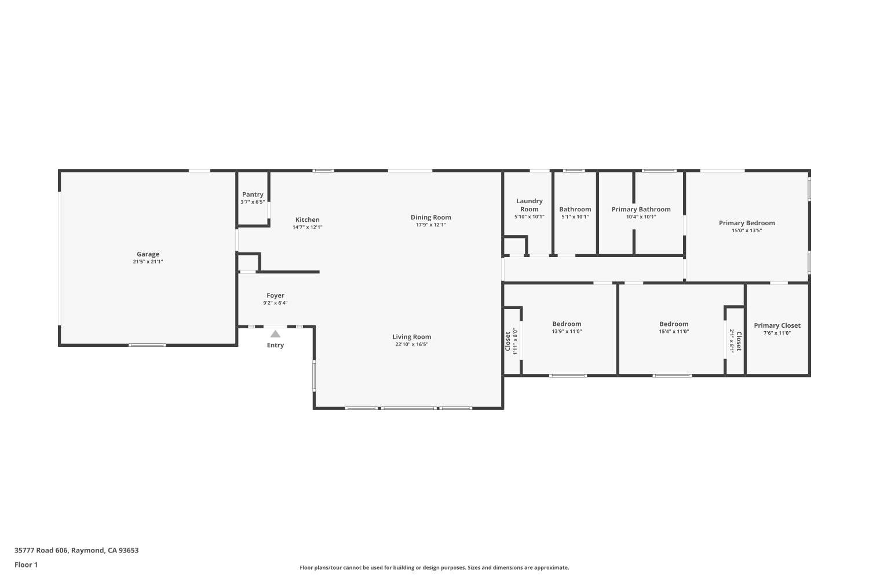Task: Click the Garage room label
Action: click(x=148, y=254)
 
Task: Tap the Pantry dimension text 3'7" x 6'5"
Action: click(x=253, y=202)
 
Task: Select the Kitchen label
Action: click(x=307, y=219)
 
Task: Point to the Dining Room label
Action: click(x=430, y=217)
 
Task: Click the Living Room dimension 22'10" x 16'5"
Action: click(x=411, y=345)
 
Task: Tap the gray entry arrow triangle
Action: click(x=275, y=334)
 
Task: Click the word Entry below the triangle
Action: click(x=275, y=345)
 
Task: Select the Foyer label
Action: click(x=275, y=295)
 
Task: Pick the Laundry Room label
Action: click(x=529, y=205)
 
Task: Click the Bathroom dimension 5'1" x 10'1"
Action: click(x=575, y=217)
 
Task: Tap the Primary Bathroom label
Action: click(x=641, y=209)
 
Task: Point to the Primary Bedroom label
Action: click(x=746, y=223)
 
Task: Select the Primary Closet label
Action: click(x=777, y=325)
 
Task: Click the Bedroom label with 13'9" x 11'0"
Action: click(x=567, y=324)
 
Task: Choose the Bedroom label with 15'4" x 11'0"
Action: click(x=674, y=324)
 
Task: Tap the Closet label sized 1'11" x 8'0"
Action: click(x=507, y=341)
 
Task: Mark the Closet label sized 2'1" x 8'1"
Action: click(x=739, y=341)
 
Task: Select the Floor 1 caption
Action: click(x=26, y=565)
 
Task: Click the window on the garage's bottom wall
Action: click(x=147, y=345)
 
